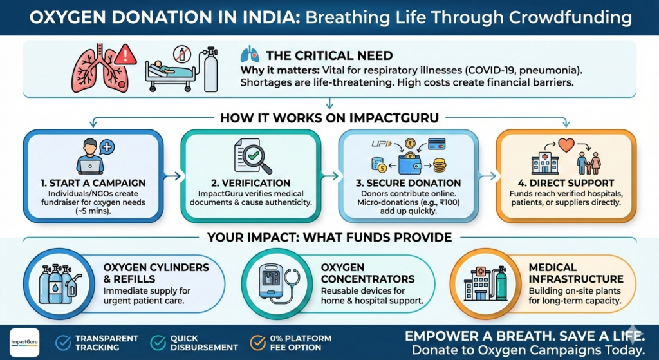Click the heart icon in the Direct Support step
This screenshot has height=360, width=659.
(566, 144)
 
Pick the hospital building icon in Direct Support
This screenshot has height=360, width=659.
(544, 163)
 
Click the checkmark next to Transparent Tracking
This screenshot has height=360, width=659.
(63, 343)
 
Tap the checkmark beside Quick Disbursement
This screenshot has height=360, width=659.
(157, 343)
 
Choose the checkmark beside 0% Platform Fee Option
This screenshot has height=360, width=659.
(258, 343)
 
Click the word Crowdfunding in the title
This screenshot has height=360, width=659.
(575, 17)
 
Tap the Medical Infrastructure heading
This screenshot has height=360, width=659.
(575, 273)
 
